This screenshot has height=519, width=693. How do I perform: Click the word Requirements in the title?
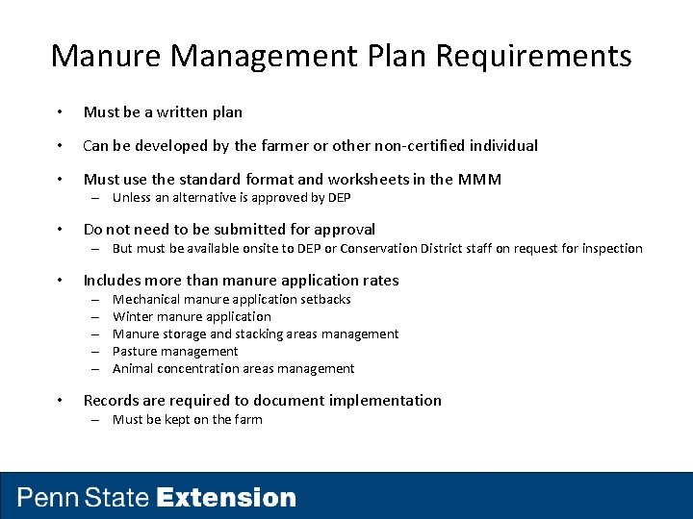click(x=534, y=56)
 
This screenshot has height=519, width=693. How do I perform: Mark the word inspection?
click(x=607, y=249)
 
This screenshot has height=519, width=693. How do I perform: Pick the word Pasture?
click(x=135, y=352)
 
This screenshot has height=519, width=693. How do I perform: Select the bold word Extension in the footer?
click(x=226, y=498)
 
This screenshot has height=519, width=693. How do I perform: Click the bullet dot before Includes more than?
click(x=61, y=282)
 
